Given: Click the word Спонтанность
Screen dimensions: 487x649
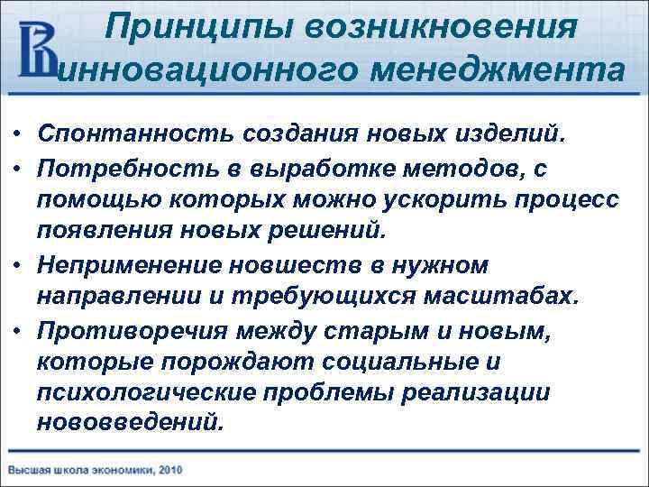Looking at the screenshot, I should [129, 133].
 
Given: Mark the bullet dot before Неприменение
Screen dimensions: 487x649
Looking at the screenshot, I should [17, 266].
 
